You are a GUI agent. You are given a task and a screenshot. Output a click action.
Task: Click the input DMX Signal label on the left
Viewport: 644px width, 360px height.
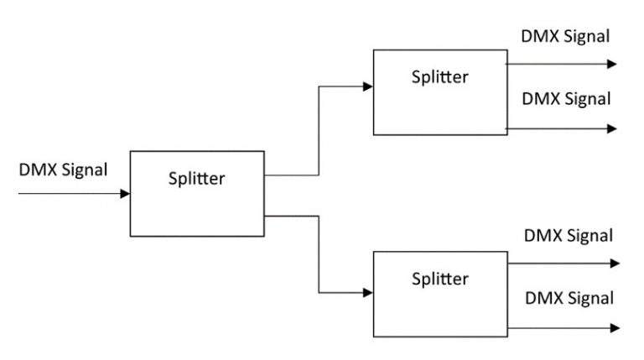click(x=63, y=170)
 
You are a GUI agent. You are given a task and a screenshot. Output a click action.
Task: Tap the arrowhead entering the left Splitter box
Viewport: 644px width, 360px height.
click(x=125, y=194)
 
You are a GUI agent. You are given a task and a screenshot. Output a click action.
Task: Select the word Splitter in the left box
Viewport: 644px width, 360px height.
click(x=197, y=178)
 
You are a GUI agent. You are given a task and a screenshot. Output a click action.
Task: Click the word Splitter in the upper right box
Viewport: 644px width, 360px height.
click(x=439, y=76)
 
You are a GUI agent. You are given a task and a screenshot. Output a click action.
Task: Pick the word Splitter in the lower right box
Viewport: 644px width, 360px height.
click(x=439, y=278)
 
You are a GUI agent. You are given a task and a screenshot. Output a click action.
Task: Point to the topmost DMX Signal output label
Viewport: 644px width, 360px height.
click(x=565, y=36)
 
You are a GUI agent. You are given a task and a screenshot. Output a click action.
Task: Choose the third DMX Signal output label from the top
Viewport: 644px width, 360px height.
click(x=569, y=236)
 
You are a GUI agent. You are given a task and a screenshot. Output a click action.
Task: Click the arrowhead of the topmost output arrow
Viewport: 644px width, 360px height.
click(x=613, y=64)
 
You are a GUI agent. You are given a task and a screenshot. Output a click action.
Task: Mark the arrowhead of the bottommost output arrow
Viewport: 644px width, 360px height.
click(x=615, y=327)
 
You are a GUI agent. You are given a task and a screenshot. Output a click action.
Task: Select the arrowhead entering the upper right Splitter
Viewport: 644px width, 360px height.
click(x=368, y=86)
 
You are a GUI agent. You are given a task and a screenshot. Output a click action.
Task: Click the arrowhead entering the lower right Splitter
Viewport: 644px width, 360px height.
click(x=368, y=293)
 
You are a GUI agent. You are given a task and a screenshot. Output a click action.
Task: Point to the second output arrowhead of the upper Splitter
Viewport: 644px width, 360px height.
click(x=613, y=129)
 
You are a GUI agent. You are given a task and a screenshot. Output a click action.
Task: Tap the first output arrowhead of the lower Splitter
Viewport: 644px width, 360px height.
click(x=615, y=263)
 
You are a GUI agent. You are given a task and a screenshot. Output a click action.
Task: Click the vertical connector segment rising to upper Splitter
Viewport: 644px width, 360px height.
click(x=319, y=130)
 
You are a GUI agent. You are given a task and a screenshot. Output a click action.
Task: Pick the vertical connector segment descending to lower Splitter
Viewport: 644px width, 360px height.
click(x=319, y=254)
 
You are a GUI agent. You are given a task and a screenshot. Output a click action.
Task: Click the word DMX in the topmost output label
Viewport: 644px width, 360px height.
click(x=538, y=36)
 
